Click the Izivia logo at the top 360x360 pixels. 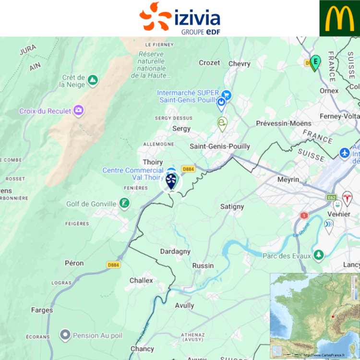coord(180,18)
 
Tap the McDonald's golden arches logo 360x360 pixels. coord(339,18)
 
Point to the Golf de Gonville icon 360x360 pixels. coord(124,204)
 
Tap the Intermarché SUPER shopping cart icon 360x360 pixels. coord(227,96)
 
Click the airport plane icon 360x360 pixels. coord(344,153)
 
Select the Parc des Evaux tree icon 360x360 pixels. coord(318,255)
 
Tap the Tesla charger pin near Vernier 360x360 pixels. coord(347,198)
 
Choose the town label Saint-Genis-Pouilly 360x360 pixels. coord(220,146)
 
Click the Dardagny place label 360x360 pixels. coord(175,252)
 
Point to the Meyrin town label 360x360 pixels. coord(288,180)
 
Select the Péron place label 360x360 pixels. coord(74,263)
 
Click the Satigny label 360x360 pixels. coord(232,207)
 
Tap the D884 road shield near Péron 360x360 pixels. coord(113,264)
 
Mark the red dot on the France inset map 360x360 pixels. coord(333,317)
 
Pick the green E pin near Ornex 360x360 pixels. coord(315,62)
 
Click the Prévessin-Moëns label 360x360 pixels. coord(284,123)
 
